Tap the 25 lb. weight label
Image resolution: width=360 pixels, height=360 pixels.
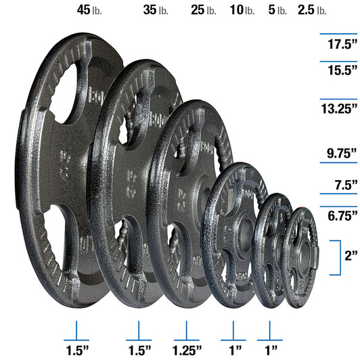coord(203,10)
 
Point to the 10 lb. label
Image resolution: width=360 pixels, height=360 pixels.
coord(242,10)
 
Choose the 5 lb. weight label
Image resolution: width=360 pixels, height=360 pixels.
coord(277,10)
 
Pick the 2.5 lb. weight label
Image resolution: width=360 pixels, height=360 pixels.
coord(312,10)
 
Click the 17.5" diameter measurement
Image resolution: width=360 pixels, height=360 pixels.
coord(338,45)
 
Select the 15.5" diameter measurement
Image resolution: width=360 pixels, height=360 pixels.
coord(338,70)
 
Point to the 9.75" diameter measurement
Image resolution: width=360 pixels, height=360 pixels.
coord(338,154)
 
